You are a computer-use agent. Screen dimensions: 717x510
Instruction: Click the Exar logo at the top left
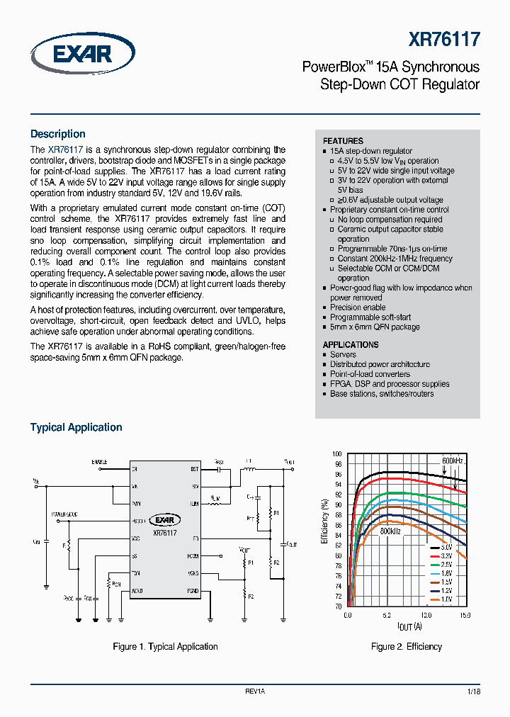(82, 55)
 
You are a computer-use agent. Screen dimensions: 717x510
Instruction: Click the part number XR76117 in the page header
(444, 40)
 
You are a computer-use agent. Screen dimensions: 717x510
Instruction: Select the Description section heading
(57, 134)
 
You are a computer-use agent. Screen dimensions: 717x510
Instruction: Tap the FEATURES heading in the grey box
(343, 141)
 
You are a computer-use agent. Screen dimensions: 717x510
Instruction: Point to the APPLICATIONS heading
(351, 344)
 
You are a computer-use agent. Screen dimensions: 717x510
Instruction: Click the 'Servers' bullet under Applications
(343, 354)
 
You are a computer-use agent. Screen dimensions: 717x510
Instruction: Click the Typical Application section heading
(76, 427)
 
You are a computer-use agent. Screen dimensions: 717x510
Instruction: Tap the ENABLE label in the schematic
(100, 462)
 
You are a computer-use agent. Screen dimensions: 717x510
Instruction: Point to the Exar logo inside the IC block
(164, 519)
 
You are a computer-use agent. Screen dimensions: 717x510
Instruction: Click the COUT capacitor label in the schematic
(290, 543)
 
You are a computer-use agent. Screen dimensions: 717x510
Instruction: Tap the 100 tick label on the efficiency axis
(337, 453)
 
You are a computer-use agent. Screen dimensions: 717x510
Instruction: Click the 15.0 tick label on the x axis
(465, 616)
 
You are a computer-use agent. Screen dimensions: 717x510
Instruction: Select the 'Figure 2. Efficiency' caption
(407, 646)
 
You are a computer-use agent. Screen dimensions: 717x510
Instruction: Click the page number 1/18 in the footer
(474, 691)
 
